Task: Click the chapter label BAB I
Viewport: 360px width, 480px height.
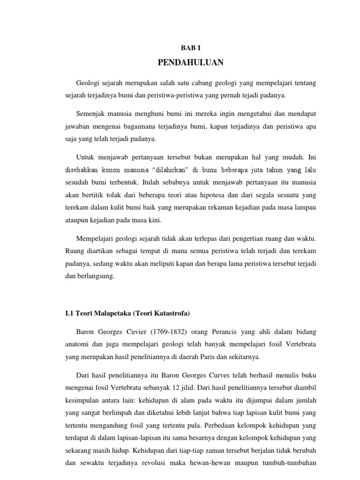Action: (x=191, y=48)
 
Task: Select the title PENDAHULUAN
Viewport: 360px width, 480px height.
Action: (x=191, y=62)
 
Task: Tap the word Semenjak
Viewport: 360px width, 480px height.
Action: (x=90, y=113)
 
